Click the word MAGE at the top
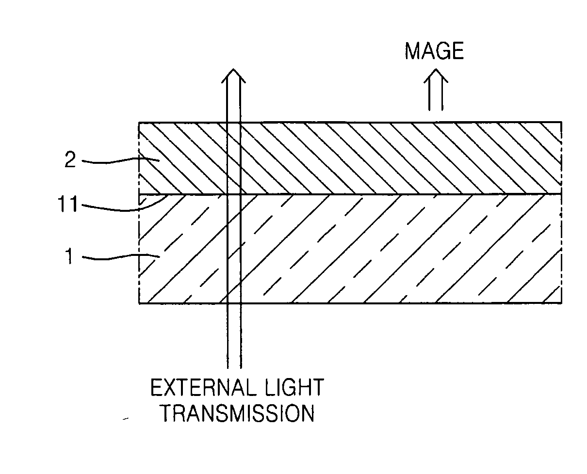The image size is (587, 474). [434, 51]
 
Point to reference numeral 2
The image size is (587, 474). [70, 161]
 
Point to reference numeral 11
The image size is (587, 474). [68, 205]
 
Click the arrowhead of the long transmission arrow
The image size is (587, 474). [233, 75]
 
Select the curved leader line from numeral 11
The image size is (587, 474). [121, 207]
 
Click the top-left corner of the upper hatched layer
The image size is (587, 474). [139, 122]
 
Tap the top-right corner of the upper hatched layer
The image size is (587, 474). [562, 122]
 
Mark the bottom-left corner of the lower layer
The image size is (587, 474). [139, 303]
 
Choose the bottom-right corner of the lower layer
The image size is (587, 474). [562, 303]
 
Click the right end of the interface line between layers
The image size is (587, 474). [561, 194]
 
